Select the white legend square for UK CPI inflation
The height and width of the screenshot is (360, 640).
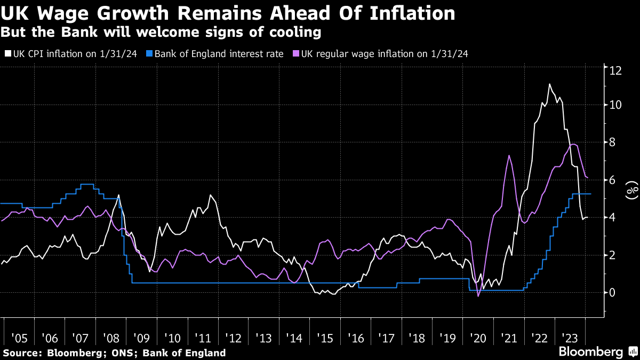[x=7, y=54]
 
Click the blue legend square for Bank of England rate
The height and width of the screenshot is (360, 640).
[x=150, y=54]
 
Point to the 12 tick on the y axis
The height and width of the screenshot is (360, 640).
[x=616, y=70]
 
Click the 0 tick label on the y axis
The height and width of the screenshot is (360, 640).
[x=613, y=292]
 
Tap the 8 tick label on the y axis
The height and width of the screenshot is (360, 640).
[x=613, y=142]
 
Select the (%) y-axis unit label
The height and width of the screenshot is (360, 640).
[x=631, y=190]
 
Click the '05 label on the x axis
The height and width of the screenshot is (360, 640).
[x=19, y=338]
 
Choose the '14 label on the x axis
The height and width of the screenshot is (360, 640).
[x=294, y=338]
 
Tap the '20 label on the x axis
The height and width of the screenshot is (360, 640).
[x=478, y=338]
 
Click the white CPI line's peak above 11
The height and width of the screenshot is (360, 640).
[x=549, y=84]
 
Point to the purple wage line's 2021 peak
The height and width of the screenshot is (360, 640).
[x=509, y=155]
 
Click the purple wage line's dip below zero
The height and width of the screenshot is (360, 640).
[x=478, y=296]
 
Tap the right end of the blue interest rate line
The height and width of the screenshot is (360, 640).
[x=591, y=194]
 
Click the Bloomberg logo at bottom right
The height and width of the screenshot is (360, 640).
[x=590, y=352]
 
